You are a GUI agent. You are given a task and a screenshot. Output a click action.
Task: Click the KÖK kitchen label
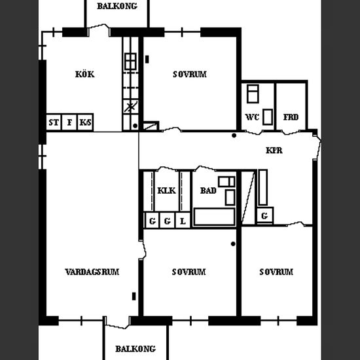tap(84, 74)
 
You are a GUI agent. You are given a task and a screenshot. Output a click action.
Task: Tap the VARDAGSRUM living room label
tap(92, 272)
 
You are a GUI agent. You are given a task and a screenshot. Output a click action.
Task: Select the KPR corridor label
tap(274, 151)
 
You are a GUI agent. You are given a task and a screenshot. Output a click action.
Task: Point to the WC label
tap(252, 117)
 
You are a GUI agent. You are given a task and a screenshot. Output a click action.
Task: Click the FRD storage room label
tap(291, 117)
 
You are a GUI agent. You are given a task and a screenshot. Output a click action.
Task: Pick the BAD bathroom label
tap(208, 190)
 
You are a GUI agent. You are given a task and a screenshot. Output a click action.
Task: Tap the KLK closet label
tap(167, 190)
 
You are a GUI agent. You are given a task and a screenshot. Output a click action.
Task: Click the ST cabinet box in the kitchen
tap(54, 122)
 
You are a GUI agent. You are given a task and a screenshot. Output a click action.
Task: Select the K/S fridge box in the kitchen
tap(85, 122)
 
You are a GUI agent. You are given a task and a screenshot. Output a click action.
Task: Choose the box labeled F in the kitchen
tap(69, 122)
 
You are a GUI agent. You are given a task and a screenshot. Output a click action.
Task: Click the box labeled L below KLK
tap(183, 221)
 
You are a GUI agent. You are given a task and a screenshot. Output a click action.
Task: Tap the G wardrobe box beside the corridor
tap(265, 215)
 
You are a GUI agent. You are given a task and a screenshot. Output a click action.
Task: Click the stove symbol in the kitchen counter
tap(131, 62)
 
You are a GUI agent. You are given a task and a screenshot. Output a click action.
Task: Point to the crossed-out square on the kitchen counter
tap(131, 107)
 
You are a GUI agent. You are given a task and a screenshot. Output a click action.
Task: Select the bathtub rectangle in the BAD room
tap(215, 217)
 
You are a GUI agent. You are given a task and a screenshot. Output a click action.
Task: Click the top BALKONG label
tap(117, 6)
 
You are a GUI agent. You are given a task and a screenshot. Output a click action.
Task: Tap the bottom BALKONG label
tap(135, 349)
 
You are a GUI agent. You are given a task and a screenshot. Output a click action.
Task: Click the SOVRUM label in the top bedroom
tap(190, 74)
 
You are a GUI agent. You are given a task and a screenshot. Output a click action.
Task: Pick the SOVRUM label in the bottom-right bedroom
tap(276, 272)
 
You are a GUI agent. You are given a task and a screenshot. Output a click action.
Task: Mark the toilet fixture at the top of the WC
tap(253, 94)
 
